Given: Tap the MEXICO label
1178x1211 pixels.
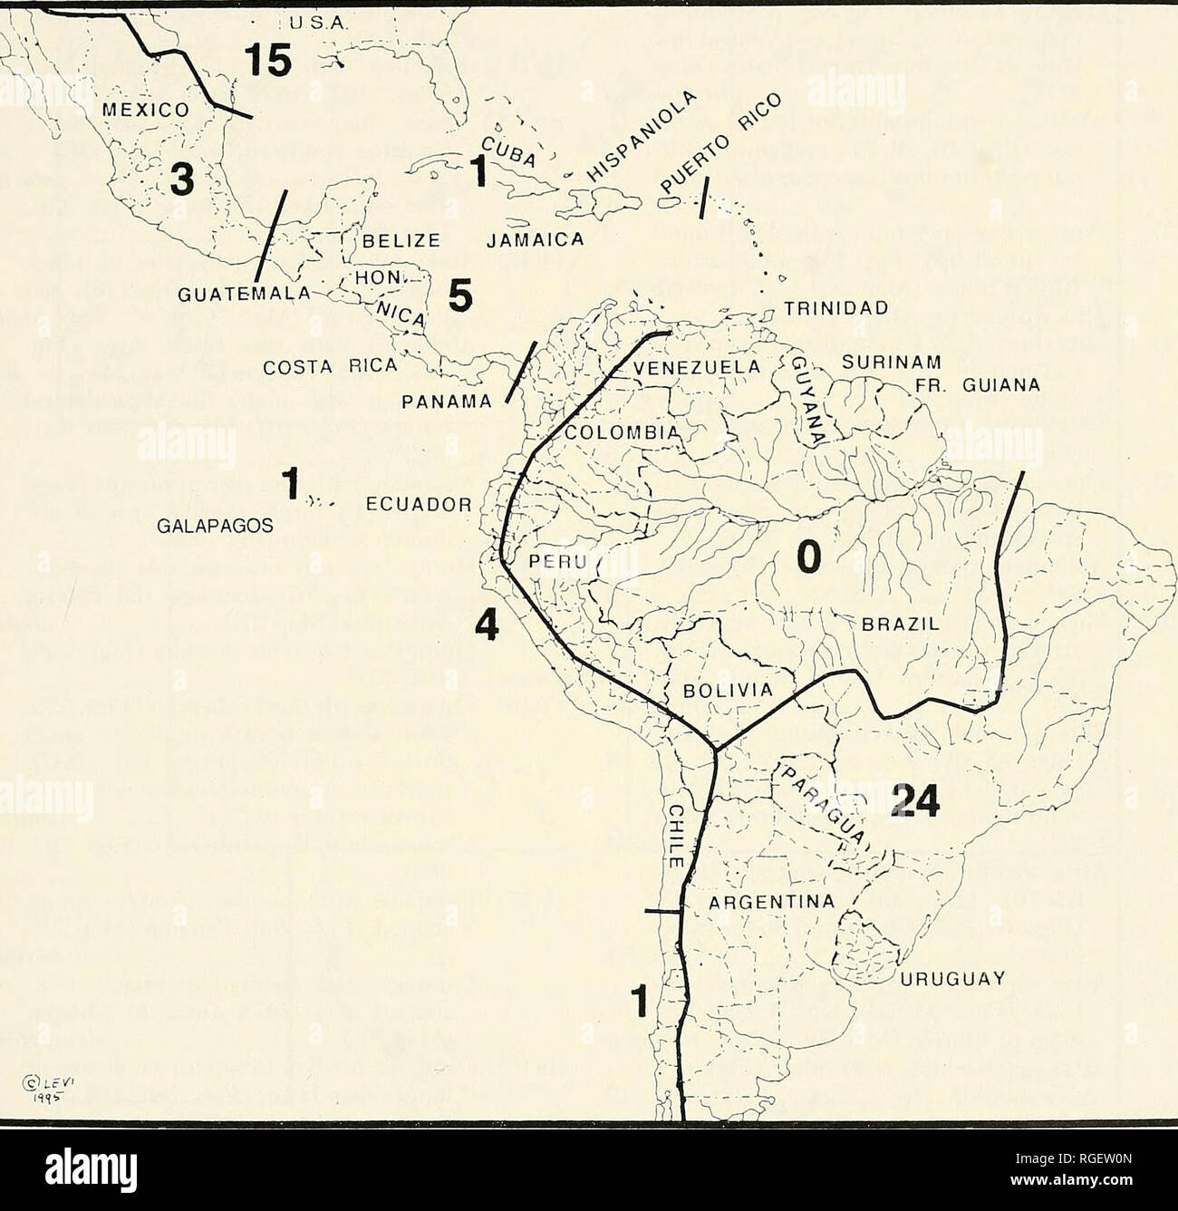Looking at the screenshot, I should [x=144, y=111].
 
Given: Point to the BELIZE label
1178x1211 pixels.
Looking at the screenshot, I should [x=401, y=240].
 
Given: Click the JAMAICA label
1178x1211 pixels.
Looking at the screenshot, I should [x=534, y=240].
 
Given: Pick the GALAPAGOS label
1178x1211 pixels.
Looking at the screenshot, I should [x=210, y=525].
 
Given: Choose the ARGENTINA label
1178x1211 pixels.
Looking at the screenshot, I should [x=769, y=901].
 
